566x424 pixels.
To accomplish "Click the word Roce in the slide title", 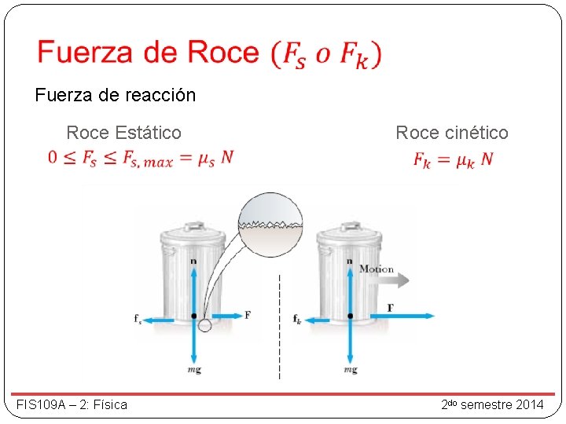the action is pos(222,53).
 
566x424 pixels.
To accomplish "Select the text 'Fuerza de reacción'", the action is pos(116,96).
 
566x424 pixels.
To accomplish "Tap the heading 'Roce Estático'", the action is pos(123,133).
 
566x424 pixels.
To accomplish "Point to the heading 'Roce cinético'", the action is pos(452,133).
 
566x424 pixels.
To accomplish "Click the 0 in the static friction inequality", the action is pos(53,158).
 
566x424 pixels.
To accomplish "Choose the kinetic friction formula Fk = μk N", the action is pos(454,159).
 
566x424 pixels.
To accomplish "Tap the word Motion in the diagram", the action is pos(376,269).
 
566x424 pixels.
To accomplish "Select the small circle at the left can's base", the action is pos(205,324).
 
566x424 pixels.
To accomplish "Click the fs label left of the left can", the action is pos(138,319).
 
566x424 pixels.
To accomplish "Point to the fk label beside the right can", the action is pos(297,319).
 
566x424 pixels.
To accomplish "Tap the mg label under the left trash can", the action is pos(193,369).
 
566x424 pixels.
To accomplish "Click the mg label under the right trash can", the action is pos(350,369).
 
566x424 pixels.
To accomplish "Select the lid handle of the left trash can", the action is pos(193,221).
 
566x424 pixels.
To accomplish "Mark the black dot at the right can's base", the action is pos(350,316).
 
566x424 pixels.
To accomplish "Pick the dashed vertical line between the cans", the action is pos(279,330).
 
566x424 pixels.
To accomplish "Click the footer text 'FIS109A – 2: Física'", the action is pos(72,404).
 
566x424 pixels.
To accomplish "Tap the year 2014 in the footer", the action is pos(527,404).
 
